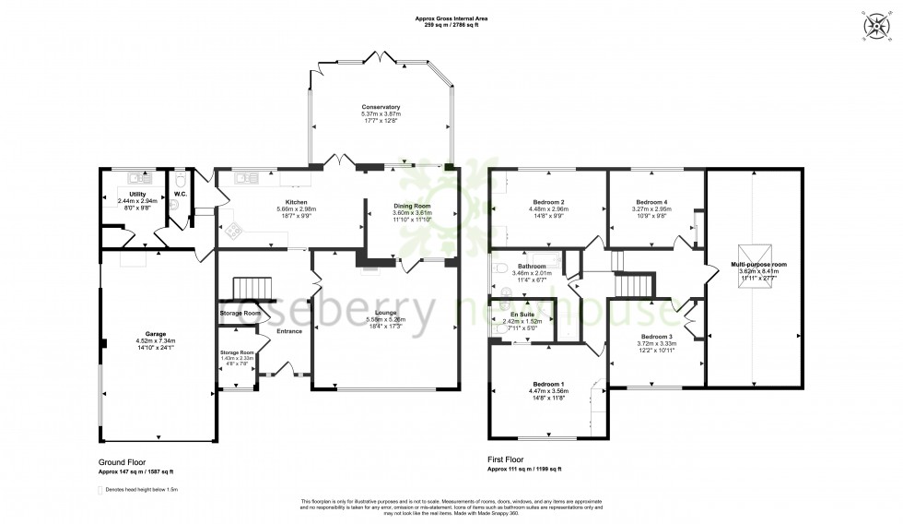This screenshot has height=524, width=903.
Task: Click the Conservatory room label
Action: click(x=381, y=107)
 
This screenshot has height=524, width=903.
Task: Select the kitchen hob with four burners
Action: click(x=233, y=230)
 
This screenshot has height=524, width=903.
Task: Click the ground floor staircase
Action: click(x=251, y=290)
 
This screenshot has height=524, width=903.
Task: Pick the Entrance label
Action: click(x=288, y=331)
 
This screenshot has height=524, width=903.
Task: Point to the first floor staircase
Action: click(x=633, y=287)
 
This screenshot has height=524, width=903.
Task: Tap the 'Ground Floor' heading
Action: click(x=122, y=461)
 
